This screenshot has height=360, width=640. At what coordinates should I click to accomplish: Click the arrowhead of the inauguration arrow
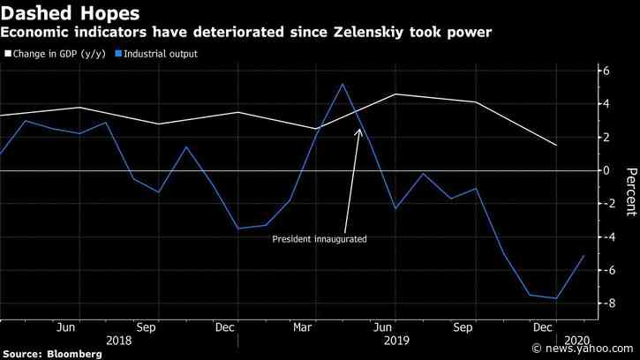tap(358, 130)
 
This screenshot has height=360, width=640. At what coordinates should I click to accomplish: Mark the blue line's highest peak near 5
tap(343, 84)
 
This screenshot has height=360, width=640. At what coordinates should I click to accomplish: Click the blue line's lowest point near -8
tap(556, 298)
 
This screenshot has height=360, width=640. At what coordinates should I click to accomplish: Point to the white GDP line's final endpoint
tap(556, 146)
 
